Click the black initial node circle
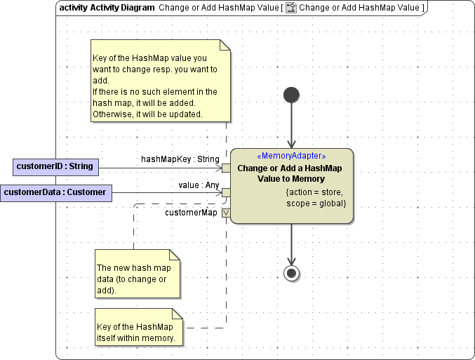click(291, 95)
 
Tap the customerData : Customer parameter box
click(56, 192)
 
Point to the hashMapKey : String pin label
click(180, 159)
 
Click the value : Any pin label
click(199, 185)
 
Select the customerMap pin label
click(191, 212)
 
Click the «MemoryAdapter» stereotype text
click(291, 156)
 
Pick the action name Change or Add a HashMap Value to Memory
click(290, 173)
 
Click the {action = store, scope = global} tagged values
click(316, 197)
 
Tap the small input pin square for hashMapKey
click(226, 168)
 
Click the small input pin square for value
click(226, 192)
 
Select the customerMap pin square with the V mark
click(226, 213)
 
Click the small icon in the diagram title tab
click(290, 8)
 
